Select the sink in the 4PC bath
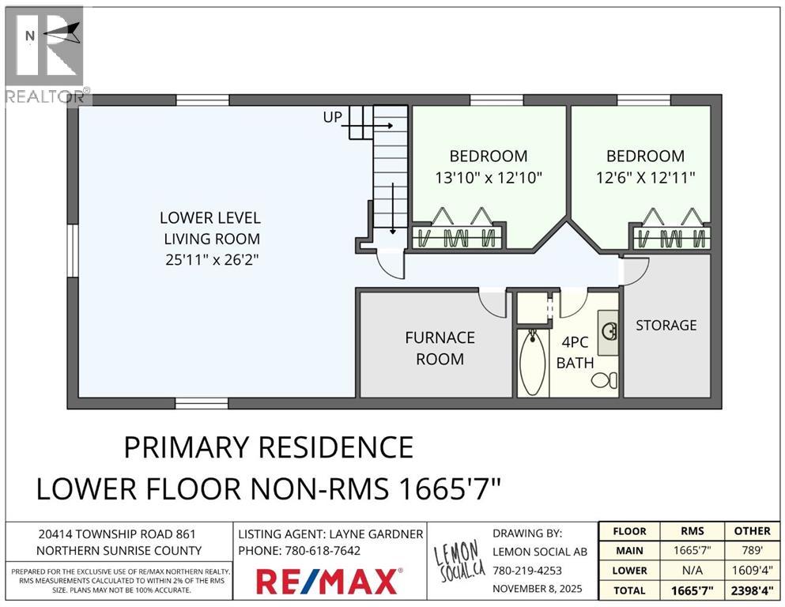pyautogui.click(x=609, y=331)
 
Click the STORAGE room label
pyautogui.click(x=666, y=326)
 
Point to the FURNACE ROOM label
pyautogui.click(x=440, y=349)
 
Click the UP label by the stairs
pyautogui.click(x=333, y=117)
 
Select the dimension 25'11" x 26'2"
pyautogui.click(x=212, y=260)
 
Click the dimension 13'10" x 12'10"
pyautogui.click(x=489, y=178)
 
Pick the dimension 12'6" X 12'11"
pyautogui.click(x=645, y=178)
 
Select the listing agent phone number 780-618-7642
pyautogui.click(x=323, y=551)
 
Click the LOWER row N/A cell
pyautogui.click(x=693, y=571)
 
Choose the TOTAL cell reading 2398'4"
pyautogui.click(x=752, y=590)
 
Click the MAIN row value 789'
pyautogui.click(x=752, y=550)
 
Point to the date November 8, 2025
pyautogui.click(x=538, y=589)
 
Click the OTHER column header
pyautogui.click(x=752, y=531)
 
